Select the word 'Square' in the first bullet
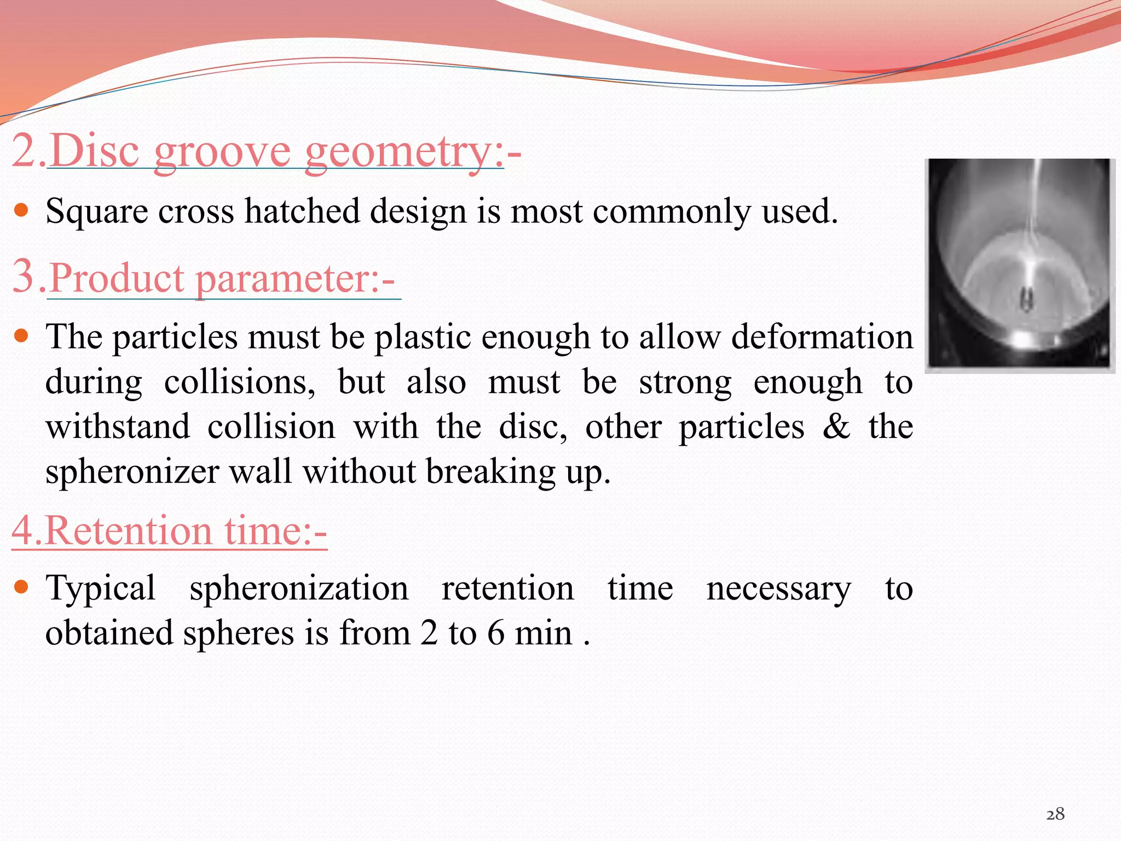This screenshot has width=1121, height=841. (96, 211)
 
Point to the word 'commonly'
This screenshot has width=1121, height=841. (672, 211)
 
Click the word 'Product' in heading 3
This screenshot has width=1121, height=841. (117, 278)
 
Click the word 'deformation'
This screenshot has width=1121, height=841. (822, 337)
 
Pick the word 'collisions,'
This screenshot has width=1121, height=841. (240, 382)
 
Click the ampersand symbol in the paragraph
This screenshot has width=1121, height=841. (836, 427)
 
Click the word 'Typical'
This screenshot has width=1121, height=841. (101, 589)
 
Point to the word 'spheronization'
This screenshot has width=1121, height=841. (299, 589)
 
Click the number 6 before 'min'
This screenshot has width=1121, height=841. (495, 634)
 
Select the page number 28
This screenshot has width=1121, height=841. (1055, 814)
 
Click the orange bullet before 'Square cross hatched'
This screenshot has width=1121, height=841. (21, 210)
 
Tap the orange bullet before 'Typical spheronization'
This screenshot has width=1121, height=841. (21, 587)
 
